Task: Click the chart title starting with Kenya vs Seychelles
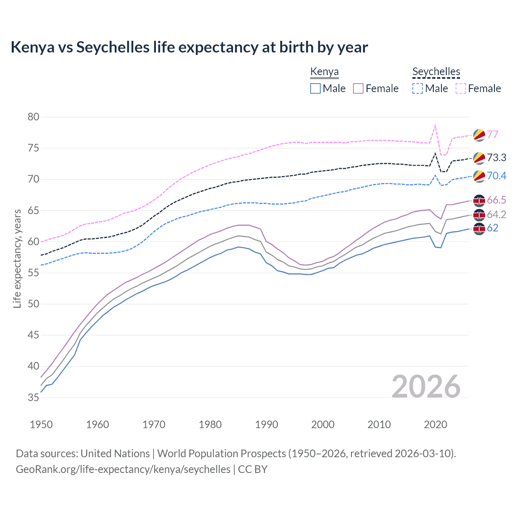pos(189,47)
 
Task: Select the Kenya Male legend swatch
pos(315,88)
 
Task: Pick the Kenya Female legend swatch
pos(358,88)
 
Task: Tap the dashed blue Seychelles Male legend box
pos(418,88)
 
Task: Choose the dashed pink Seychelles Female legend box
pos(461,88)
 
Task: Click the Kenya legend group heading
pos(324,72)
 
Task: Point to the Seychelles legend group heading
pos(436,72)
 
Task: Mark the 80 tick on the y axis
pos(34,117)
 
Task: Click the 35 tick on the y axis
pos(34,397)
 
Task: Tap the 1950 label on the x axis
pos(41,425)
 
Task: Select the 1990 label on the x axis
pos(267,425)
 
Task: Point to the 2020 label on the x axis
pos(435,425)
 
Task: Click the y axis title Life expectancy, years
pos(17,258)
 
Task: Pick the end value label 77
pos(492,135)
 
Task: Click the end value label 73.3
pos(496,158)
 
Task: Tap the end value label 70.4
pos(496,176)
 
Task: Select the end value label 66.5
pos(496,200)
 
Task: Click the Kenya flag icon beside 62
pos(479,229)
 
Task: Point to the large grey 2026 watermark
pos(426,387)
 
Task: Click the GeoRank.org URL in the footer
pos(123,469)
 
